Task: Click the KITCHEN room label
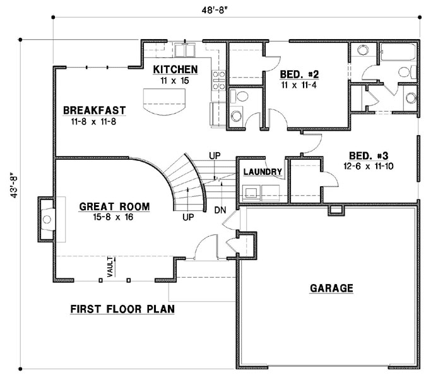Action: [175, 69]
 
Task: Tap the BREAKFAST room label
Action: [94, 110]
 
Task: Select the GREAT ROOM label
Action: [114, 206]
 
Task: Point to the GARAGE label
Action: [331, 289]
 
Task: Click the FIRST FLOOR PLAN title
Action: [122, 309]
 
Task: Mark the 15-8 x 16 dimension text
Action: [114, 217]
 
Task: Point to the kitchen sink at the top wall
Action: [186, 50]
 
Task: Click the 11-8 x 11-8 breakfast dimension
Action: [94, 121]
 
